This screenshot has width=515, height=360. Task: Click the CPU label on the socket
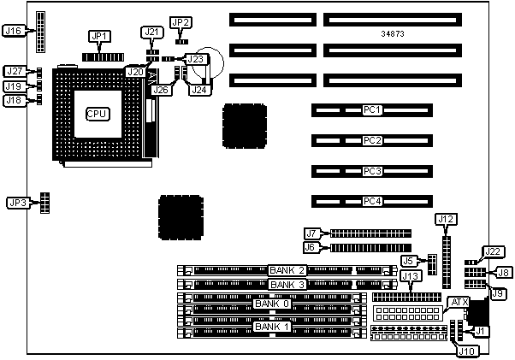point(97,113)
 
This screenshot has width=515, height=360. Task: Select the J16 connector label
point(13,31)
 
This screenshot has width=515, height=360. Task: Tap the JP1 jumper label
point(100,36)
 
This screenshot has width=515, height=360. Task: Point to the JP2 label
point(181,22)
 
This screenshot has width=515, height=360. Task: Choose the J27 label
point(14,72)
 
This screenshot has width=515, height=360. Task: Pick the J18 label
point(14,101)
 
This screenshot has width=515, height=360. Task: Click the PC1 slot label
point(371,110)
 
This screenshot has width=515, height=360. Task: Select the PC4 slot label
point(371,202)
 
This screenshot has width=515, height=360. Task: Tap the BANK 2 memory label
point(287,270)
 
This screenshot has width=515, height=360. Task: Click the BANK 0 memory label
point(272,304)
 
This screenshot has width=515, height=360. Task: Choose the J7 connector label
point(312,233)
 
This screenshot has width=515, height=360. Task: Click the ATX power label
point(459,302)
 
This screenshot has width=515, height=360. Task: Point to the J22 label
point(492,251)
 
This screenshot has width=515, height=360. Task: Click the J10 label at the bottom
point(467,349)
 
